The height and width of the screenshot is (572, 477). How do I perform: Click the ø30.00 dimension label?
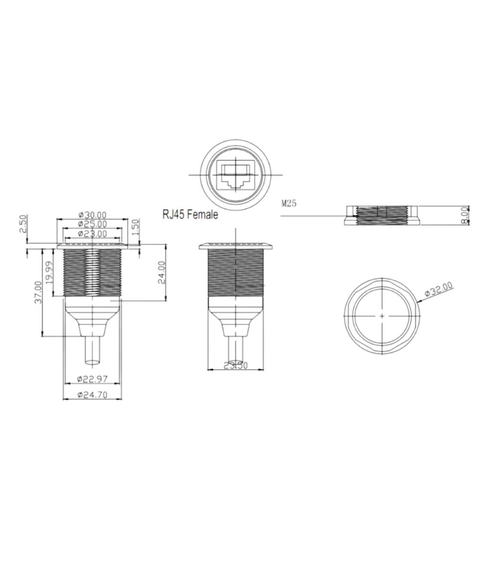coord(92,215)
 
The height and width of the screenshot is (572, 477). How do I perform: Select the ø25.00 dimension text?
coord(92,224)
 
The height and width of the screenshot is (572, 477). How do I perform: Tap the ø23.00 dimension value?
coord(92,234)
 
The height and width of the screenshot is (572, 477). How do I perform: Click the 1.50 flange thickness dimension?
coord(135,226)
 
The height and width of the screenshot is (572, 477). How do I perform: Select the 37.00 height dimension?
coord(38,291)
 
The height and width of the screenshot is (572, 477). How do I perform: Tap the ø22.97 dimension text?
coord(93,379)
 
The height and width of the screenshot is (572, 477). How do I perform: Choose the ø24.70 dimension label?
coord(93,394)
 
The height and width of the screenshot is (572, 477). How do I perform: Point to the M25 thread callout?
coord(289,204)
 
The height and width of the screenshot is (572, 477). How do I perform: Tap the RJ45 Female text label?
coord(190,215)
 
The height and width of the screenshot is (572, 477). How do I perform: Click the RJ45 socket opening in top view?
coord(236,174)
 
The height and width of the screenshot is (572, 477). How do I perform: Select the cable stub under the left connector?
coord(93,350)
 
